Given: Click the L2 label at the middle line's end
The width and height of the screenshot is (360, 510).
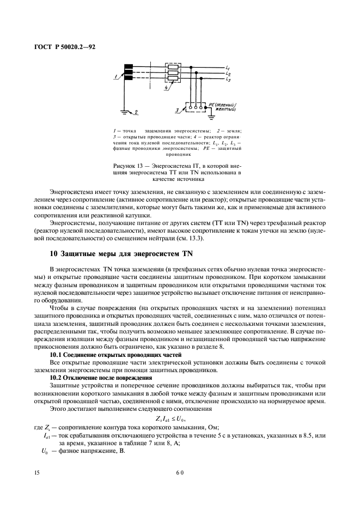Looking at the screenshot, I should [228, 73].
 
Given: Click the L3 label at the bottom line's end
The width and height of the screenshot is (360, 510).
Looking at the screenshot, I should [228, 79].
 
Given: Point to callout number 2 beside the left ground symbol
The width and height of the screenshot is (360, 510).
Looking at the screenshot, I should [137, 111].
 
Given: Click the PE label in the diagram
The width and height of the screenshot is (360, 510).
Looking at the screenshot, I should [212, 103].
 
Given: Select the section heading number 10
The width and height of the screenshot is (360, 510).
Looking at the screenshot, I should [53, 238].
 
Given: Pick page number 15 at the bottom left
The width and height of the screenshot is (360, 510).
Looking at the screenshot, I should [36, 473].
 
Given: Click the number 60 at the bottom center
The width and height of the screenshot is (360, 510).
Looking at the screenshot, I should [180, 473].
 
